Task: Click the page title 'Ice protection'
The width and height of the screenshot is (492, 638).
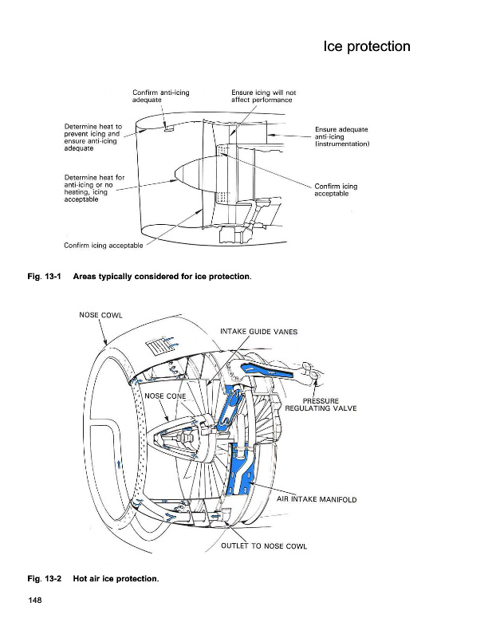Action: click(366, 46)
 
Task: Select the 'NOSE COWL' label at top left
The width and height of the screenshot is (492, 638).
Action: click(100, 314)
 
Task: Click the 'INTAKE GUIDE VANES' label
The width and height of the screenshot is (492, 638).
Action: click(258, 332)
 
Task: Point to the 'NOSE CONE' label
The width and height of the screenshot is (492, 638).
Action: click(166, 396)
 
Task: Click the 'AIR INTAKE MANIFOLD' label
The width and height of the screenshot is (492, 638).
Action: click(317, 500)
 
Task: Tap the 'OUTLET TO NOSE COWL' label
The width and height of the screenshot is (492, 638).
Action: click(263, 546)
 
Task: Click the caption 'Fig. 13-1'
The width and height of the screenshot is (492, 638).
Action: click(45, 277)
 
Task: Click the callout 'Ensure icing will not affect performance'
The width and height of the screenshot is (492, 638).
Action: click(262, 96)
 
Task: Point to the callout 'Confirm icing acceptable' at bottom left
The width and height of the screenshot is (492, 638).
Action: click(104, 246)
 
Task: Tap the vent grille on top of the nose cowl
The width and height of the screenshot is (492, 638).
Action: click(160, 345)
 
